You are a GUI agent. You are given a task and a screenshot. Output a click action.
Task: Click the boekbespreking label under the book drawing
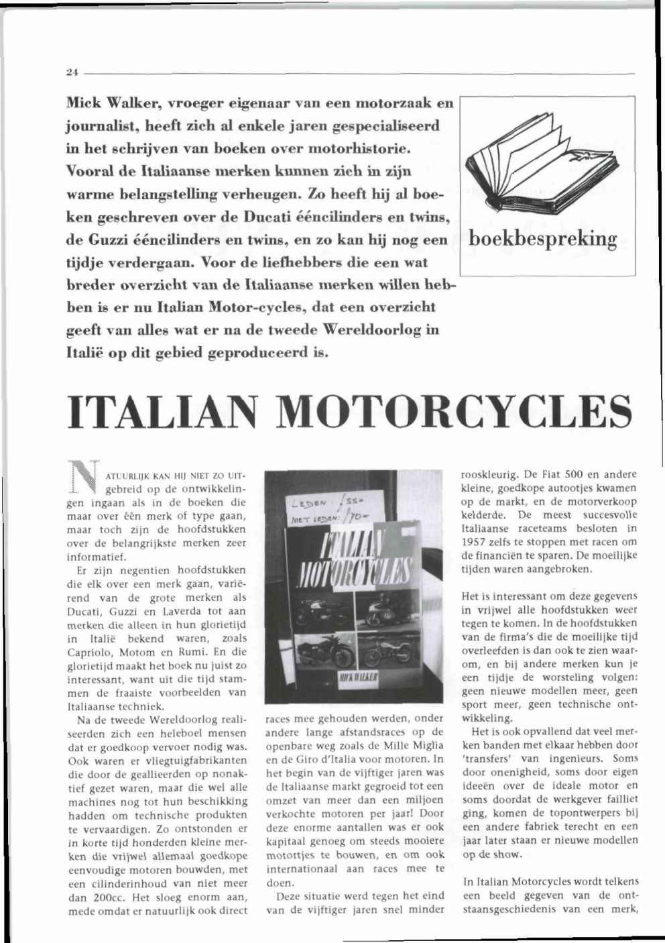pyautogui.click(x=544, y=240)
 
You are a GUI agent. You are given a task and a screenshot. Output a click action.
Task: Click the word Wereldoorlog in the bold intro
pyautogui.click(x=367, y=329)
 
